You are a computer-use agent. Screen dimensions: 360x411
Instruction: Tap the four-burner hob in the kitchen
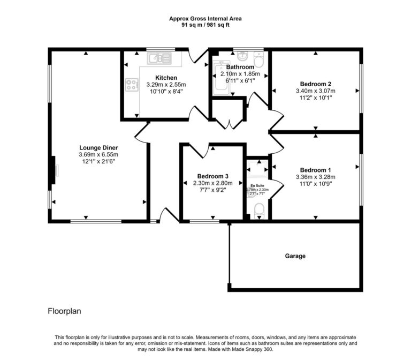130,84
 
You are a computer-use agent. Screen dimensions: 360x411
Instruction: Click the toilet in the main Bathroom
259,57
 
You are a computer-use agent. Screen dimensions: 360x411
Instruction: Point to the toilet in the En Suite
260,211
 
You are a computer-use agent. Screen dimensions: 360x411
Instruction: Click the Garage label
295,256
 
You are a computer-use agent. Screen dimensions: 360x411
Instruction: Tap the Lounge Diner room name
98,148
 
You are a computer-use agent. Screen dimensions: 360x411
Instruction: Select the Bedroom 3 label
213,176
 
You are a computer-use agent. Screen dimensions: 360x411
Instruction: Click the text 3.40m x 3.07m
316,91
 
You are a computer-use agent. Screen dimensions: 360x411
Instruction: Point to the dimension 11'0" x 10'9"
315,184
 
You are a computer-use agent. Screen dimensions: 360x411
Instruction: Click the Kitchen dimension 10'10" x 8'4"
166,92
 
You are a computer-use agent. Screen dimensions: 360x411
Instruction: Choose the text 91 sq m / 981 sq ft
205,25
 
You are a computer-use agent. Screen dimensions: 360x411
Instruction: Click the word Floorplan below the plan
65,310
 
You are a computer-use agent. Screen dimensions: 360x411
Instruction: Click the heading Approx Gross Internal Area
205,18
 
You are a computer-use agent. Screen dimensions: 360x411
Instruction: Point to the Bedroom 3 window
201,221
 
